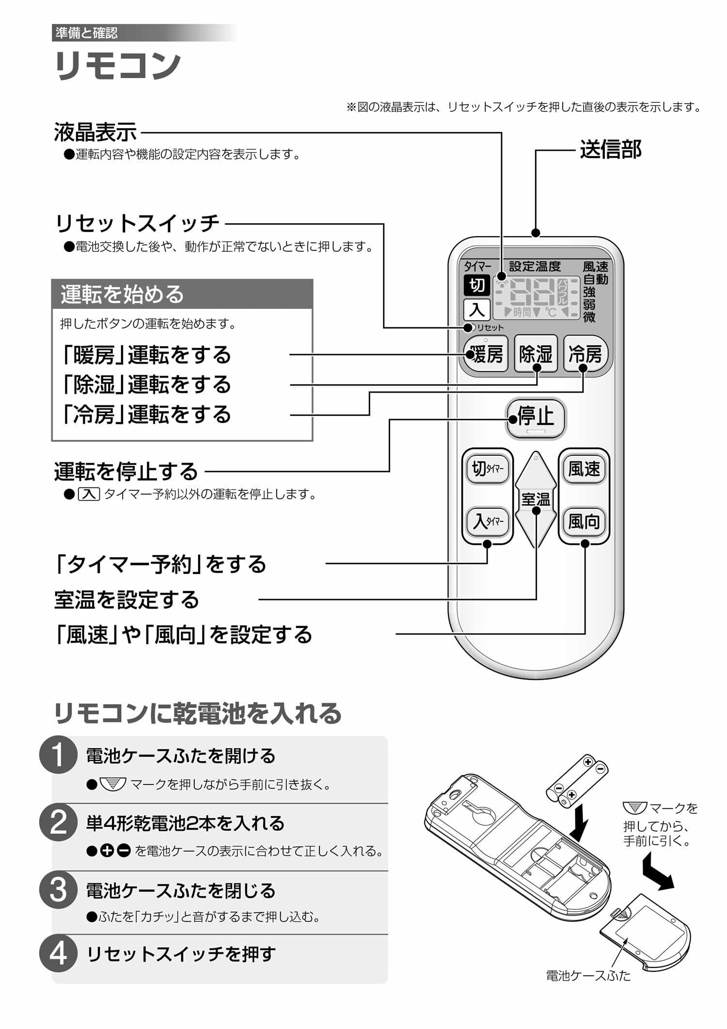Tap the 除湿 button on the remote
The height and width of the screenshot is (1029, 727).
536,354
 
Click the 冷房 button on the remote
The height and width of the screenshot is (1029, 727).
585,354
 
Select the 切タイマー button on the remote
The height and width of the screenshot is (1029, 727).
488,469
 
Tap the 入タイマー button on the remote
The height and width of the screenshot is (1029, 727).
488,522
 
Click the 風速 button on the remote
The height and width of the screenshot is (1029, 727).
584,469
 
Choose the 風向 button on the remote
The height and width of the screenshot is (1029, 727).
584,522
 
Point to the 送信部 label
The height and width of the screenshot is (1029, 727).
610,149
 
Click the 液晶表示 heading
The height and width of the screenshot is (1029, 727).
95,132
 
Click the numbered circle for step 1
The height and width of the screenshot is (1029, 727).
58,755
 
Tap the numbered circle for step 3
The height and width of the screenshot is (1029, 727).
58,890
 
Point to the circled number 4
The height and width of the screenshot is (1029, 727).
58,954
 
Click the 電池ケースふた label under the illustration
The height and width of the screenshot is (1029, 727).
588,976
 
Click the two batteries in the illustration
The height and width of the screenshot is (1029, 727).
577,780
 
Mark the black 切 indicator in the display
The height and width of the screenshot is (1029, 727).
477,285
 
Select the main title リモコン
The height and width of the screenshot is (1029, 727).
118,65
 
